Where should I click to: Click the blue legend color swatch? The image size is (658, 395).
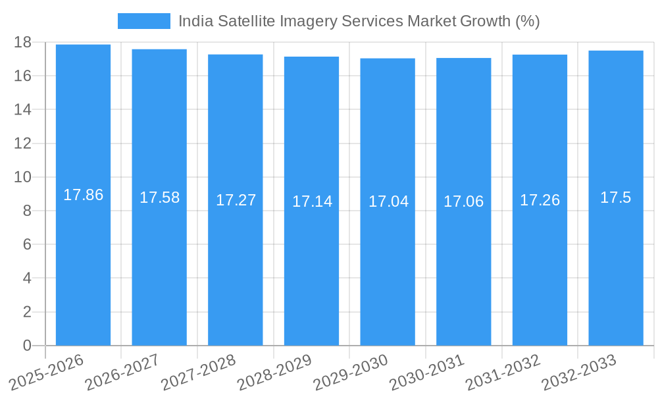[143, 21]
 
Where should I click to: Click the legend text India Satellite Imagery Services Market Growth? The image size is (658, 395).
[359, 21]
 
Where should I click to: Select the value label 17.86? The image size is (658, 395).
[83, 195]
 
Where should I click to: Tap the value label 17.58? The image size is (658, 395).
[159, 197]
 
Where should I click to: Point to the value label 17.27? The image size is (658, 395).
[236, 200]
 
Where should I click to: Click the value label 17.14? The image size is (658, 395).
[312, 201]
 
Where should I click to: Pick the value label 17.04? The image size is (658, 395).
[388, 201]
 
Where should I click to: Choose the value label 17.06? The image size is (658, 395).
[463, 201]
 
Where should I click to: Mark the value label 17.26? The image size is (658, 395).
[540, 200]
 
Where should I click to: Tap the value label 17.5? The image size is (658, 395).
[616, 197]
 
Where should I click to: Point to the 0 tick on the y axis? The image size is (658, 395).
[27, 346]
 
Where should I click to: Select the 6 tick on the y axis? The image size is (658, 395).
[27, 244]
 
